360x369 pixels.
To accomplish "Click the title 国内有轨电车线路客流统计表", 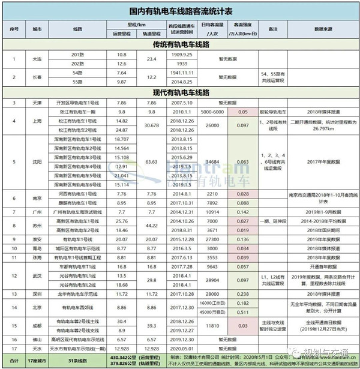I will tap(180, 11).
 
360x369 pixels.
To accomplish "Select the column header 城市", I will tap(37, 29).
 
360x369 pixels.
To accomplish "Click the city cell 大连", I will tap(37, 60).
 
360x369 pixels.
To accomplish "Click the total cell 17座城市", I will tap(37, 358).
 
